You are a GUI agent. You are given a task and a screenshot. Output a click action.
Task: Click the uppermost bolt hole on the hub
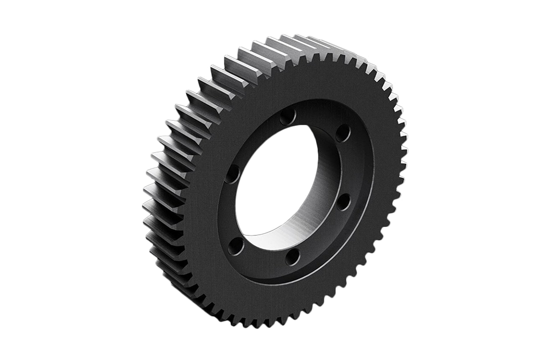pos(287,117)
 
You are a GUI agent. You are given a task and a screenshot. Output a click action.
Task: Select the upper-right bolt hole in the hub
pos(342,133)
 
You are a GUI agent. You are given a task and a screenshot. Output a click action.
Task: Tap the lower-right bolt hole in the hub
pos(343,201)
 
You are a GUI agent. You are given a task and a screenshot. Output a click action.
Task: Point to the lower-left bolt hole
pos(236,246)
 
